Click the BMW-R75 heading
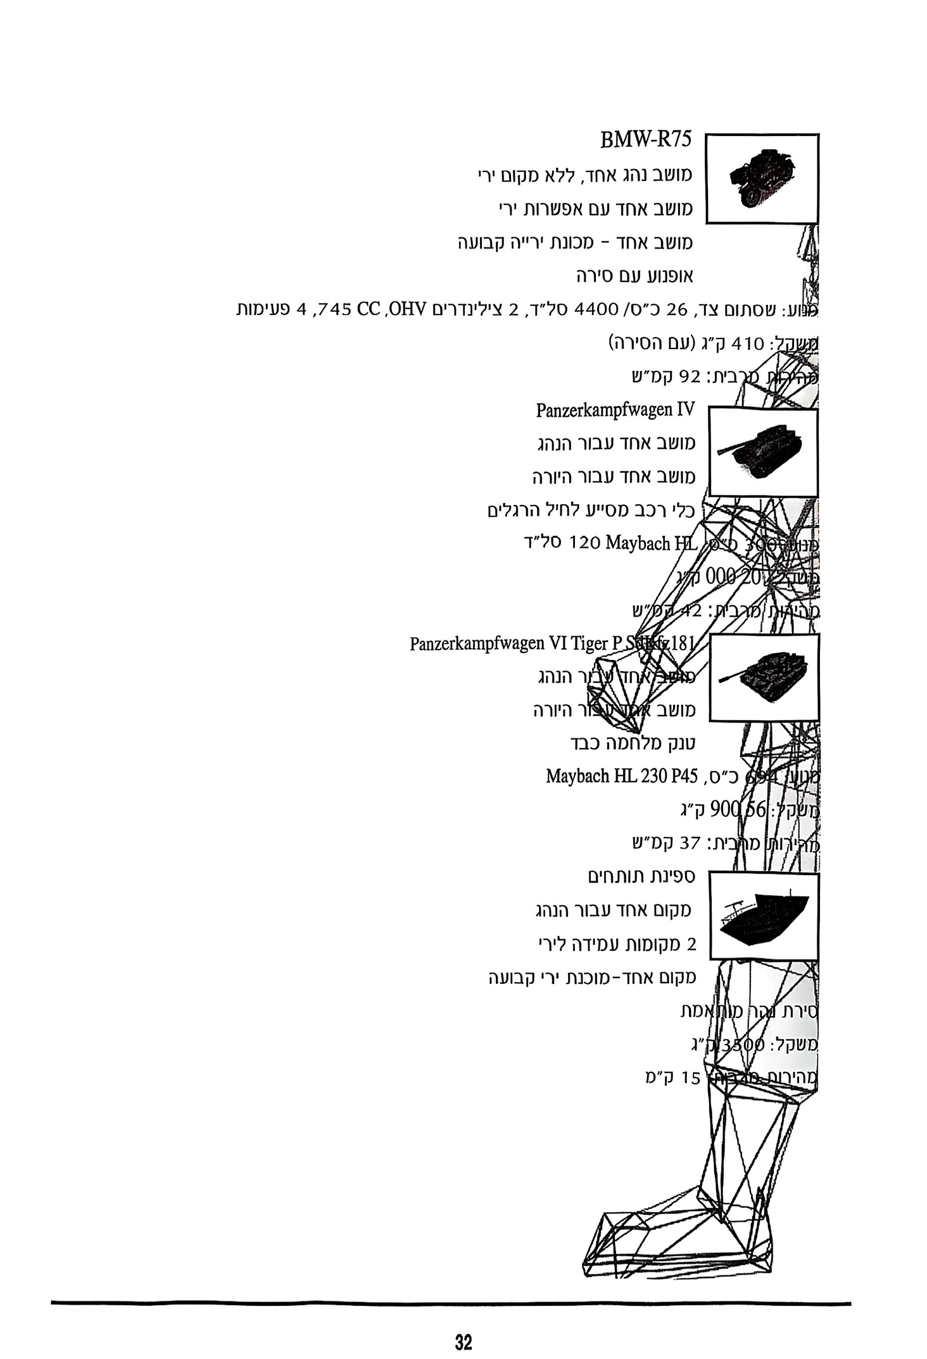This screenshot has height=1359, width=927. tap(645, 140)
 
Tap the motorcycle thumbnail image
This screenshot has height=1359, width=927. tap(761, 178)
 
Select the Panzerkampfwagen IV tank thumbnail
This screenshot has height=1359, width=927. tap(762, 452)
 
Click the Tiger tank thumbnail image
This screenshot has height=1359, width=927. tap(764, 677)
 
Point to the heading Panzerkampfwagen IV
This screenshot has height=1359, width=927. tap(615, 410)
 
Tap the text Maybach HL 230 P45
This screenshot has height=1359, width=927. tap(622, 776)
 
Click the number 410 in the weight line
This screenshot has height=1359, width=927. tap(748, 344)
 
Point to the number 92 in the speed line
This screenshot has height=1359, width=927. tap(690, 378)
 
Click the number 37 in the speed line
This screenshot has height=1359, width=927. tap(690, 843)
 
